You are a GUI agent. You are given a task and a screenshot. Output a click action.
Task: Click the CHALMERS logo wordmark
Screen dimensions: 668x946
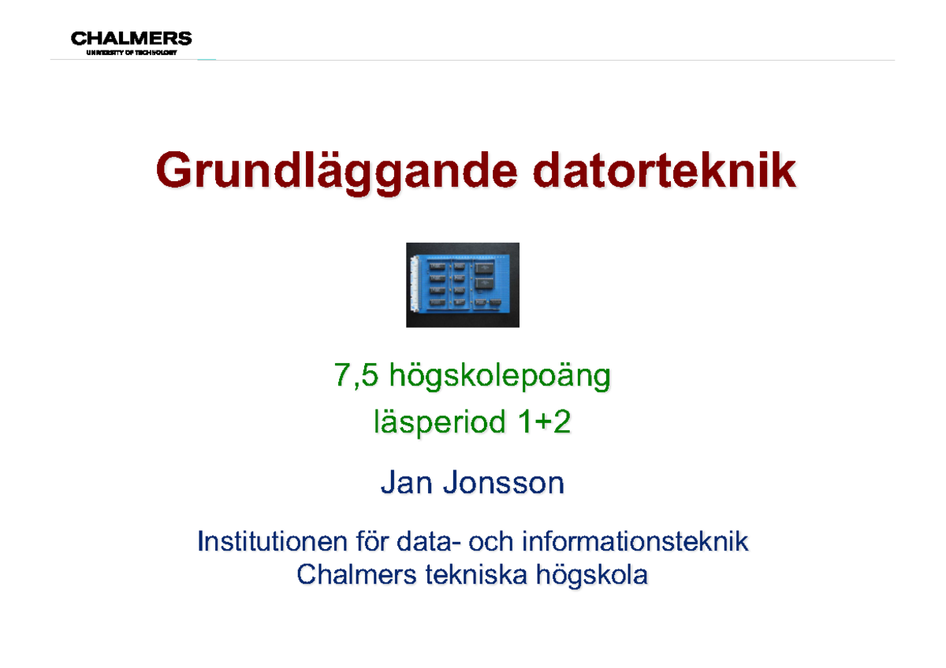131,38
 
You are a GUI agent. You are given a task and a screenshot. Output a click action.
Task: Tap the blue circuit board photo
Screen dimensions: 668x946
463,284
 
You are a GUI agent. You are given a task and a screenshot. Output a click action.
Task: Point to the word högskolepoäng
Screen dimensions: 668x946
500,380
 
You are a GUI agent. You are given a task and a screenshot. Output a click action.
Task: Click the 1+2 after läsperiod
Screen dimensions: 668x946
543,424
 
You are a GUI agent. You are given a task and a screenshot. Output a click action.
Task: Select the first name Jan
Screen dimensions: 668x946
407,483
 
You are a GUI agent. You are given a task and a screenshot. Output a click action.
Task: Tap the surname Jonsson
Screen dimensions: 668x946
504,483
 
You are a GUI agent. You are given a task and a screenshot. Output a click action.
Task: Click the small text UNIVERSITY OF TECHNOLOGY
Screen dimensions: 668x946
131,53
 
